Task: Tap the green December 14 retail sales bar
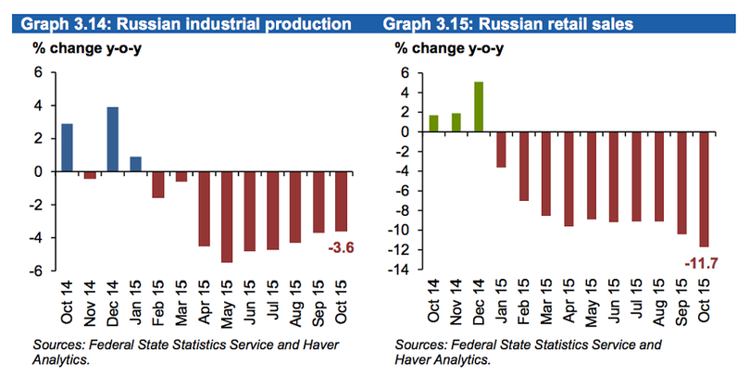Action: click(479, 107)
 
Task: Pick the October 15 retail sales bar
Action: click(705, 189)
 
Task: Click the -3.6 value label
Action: click(342, 247)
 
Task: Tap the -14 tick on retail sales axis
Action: click(405, 270)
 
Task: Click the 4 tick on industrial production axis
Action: click(39, 106)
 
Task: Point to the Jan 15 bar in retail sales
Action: click(501, 149)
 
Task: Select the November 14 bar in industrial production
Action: click(90, 175)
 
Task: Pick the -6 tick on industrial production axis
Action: click(35, 270)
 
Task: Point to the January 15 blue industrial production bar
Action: click(136, 164)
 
